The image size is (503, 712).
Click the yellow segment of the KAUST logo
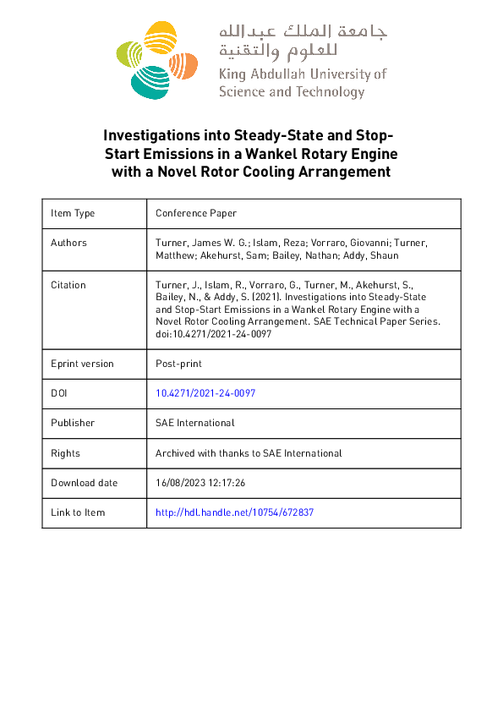pos(157,38)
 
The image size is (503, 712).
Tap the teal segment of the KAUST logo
pos(153,80)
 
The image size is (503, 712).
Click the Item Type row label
pos(73,214)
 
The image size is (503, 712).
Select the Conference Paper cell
pos(195,214)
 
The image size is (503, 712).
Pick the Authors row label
pos(68,243)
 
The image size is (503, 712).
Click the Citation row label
pos(68,285)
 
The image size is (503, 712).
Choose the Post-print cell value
pos(178,364)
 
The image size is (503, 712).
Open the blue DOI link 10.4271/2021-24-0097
pos(205,393)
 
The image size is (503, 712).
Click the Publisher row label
pos(73,423)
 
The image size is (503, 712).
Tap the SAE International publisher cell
pos(194,423)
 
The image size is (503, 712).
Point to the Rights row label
pos(66,453)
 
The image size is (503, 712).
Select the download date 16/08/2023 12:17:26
pos(200,483)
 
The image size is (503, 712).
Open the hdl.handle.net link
pos(235,512)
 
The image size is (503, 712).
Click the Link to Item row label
pos(78,512)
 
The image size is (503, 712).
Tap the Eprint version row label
pos(82,364)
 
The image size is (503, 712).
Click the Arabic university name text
pos(303,42)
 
